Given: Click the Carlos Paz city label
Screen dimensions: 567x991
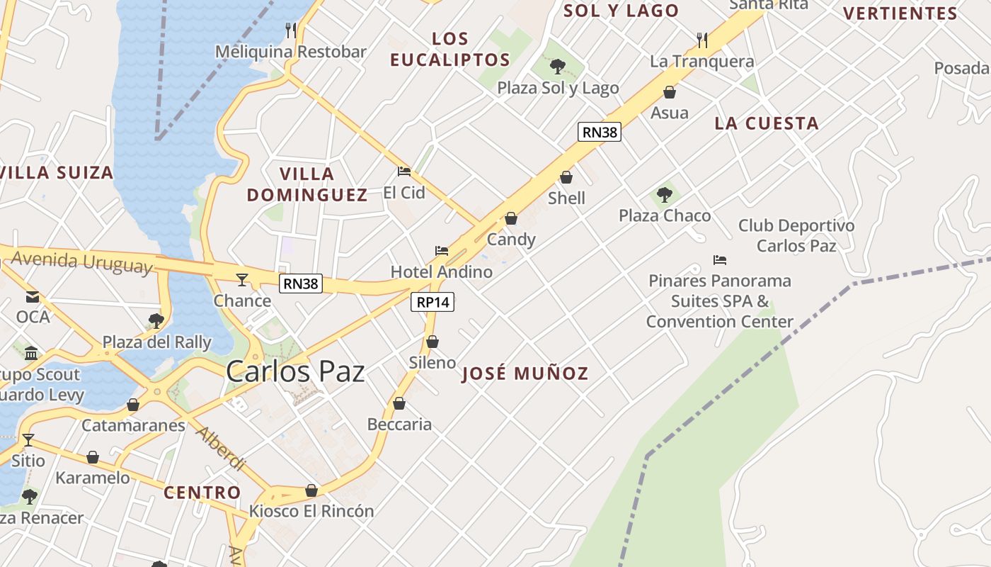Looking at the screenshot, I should (x=295, y=372).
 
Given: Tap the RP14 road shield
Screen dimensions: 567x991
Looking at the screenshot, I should (x=433, y=302).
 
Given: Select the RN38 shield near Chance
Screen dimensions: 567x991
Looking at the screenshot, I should (x=301, y=283).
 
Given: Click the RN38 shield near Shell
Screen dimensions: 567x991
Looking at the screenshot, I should (x=599, y=132).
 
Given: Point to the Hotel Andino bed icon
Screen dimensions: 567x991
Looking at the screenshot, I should (x=442, y=251).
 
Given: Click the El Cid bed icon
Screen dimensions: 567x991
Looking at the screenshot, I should (x=404, y=172).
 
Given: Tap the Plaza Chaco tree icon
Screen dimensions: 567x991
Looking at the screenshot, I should (x=664, y=194).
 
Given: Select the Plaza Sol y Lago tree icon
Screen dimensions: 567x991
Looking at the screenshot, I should (x=558, y=67).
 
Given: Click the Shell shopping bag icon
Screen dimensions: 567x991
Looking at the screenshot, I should (x=566, y=177).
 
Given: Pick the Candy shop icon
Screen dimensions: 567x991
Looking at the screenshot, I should (x=511, y=218).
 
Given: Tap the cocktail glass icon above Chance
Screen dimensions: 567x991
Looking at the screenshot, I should (x=242, y=280).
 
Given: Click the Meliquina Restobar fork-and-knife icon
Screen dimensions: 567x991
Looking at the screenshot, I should (x=290, y=30).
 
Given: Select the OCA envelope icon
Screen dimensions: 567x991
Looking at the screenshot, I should (x=33, y=296).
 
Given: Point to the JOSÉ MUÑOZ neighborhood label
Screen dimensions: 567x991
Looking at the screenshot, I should (x=525, y=374).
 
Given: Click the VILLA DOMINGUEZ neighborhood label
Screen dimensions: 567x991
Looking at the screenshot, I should (x=307, y=184).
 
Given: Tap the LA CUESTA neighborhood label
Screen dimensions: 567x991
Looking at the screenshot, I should (x=766, y=123).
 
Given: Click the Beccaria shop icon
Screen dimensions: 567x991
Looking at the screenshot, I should (x=399, y=403).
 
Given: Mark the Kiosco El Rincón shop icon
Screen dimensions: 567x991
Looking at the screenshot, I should (x=311, y=490).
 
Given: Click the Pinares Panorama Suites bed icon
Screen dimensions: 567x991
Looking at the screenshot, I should (x=720, y=260).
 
